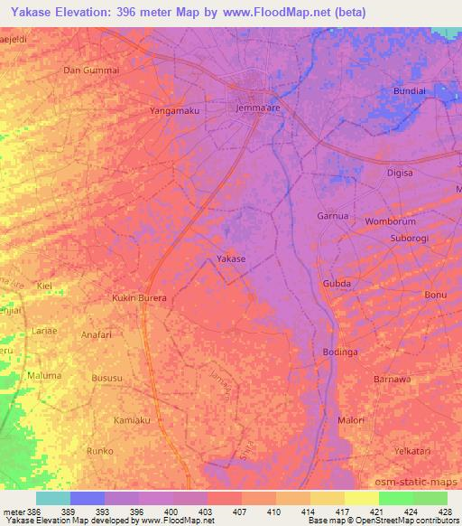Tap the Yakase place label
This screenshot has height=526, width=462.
pyautogui.click(x=231, y=259)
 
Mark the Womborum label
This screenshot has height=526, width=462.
pyautogui.click(x=390, y=221)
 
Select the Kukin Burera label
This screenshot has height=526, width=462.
pyautogui.click(x=140, y=297)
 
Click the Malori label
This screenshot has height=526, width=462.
pyautogui.click(x=350, y=420)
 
